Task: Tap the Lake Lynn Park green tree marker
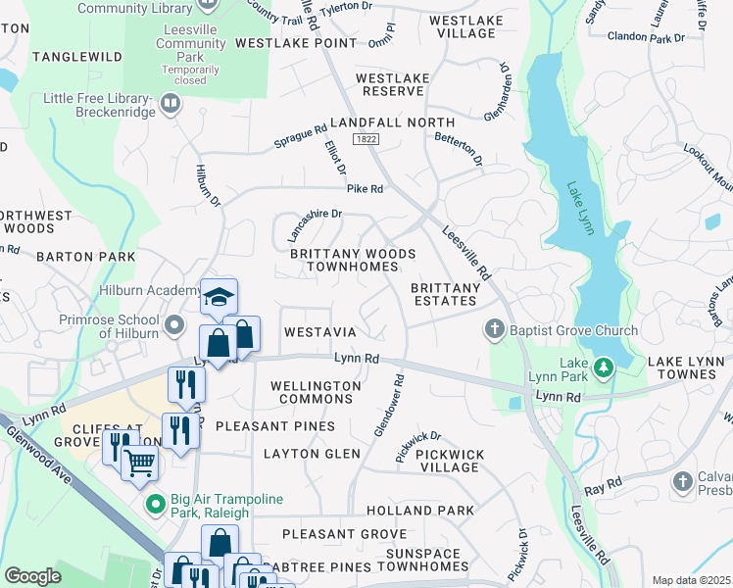click(x=606, y=367)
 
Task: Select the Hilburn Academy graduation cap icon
click(x=219, y=296)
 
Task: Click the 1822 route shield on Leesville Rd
click(x=366, y=140)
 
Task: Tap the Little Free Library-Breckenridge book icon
click(x=171, y=102)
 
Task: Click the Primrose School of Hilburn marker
click(x=174, y=324)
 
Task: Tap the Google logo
click(x=32, y=575)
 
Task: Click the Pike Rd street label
click(x=364, y=188)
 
